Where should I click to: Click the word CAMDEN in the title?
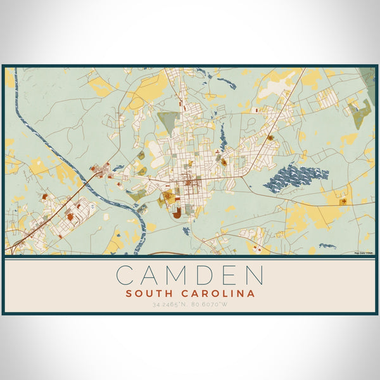tap(190, 275)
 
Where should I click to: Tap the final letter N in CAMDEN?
tap(254, 275)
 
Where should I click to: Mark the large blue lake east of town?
tap(295, 177)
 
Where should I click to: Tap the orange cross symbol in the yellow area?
tap(343, 202)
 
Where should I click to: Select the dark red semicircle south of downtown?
tap(177, 212)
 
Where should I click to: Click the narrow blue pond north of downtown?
tap(223, 136)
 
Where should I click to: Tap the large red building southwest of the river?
tap(70, 217)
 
